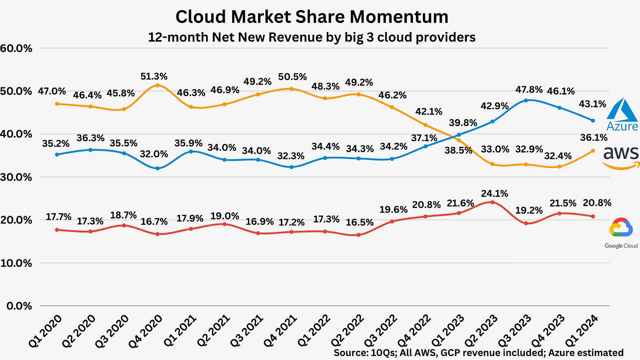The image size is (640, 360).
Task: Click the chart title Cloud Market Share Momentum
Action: [312, 17]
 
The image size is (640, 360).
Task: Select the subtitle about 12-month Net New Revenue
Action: [312, 37]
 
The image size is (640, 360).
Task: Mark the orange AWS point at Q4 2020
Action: [157, 85]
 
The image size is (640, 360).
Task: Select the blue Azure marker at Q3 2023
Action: [526, 100]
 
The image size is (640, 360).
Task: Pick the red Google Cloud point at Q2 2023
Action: [492, 202]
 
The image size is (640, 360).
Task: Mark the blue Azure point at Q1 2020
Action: [57, 155]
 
